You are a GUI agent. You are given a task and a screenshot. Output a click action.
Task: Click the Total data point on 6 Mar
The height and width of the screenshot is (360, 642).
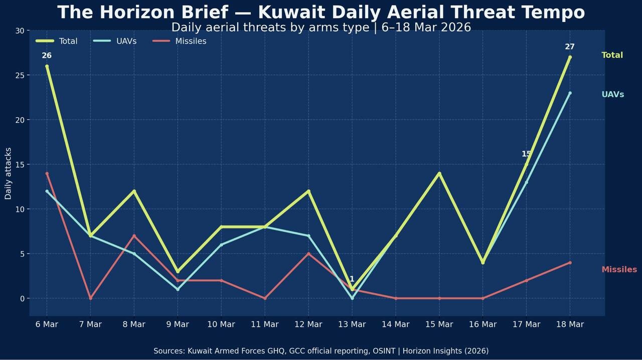click(x=47, y=66)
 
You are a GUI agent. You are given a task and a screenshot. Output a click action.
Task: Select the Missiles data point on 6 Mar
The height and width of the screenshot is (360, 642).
click(x=47, y=173)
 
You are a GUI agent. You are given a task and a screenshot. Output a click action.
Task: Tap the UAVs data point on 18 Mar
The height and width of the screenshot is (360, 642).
click(x=570, y=93)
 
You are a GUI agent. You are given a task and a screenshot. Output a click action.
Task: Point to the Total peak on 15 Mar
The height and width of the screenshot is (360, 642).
click(x=439, y=173)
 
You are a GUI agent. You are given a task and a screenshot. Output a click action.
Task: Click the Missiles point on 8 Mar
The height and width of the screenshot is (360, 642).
click(x=134, y=236)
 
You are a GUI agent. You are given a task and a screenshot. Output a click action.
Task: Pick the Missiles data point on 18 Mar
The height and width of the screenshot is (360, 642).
click(x=570, y=263)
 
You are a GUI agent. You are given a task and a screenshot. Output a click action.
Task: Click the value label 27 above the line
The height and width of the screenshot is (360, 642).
click(x=570, y=47)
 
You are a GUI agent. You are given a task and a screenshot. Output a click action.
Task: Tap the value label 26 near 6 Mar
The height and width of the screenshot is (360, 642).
click(x=47, y=56)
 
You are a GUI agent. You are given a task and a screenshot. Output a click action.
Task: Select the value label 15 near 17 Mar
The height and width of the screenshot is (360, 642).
click(x=526, y=154)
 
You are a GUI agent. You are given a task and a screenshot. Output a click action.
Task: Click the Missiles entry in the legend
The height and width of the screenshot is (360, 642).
click(x=191, y=41)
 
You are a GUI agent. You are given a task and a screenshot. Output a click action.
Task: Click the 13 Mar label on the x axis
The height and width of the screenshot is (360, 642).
click(x=352, y=324)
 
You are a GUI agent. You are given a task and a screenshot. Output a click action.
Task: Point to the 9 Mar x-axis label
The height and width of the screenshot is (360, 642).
click(x=178, y=324)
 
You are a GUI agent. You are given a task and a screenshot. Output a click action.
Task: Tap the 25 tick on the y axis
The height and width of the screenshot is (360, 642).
click(x=20, y=75)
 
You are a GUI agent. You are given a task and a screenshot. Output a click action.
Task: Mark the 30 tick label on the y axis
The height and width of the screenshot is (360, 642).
click(x=20, y=31)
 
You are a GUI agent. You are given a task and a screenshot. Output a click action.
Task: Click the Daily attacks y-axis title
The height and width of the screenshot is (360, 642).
click(x=8, y=173)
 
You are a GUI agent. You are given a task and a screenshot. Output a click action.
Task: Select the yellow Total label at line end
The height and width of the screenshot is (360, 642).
click(x=612, y=55)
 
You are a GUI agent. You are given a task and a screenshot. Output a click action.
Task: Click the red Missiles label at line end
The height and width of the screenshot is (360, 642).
click(x=619, y=269)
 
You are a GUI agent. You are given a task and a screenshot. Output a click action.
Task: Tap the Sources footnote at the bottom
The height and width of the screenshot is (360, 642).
click(x=321, y=351)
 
